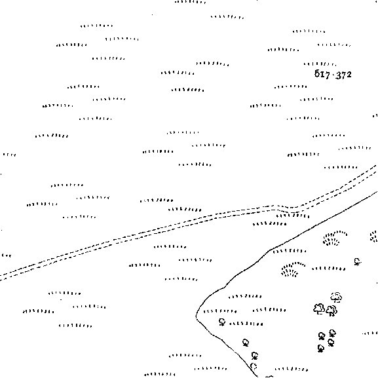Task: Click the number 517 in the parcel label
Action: click(x=322, y=74)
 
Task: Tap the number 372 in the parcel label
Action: click(x=343, y=75)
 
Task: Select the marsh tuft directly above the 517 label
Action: click(x=320, y=64)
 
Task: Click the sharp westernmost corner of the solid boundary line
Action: click(x=197, y=316)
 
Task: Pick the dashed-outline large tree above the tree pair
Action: click(x=336, y=297)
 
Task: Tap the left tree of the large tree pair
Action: click(x=319, y=309)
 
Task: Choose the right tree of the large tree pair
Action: click(x=331, y=311)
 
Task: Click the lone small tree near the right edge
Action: click(x=357, y=261)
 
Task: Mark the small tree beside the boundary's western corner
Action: click(x=222, y=322)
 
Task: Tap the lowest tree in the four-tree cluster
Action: click(x=320, y=349)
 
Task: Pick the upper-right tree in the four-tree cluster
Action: click(x=332, y=333)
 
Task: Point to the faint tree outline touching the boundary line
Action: click(x=253, y=366)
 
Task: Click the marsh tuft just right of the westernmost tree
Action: click(x=246, y=324)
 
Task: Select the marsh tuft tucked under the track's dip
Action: click(x=293, y=216)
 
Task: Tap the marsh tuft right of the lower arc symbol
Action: click(x=329, y=269)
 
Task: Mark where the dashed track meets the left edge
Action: click(x=1, y=277)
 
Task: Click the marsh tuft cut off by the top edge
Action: click(x=191, y=2)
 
